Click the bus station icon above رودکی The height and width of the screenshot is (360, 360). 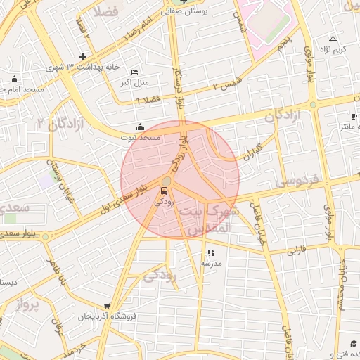(165, 190)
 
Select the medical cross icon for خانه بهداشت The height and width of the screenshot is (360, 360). (83, 56)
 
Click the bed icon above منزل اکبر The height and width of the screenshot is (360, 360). (135, 72)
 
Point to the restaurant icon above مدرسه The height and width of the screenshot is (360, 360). (212, 252)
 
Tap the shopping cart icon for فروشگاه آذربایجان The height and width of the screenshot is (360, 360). (106, 306)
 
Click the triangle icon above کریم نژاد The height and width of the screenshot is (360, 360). (333, 39)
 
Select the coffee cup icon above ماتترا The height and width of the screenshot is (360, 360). (354, 116)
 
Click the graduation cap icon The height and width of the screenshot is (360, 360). (352, 343)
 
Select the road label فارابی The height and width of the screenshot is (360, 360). (295, 250)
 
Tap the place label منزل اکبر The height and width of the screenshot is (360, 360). (134, 82)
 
